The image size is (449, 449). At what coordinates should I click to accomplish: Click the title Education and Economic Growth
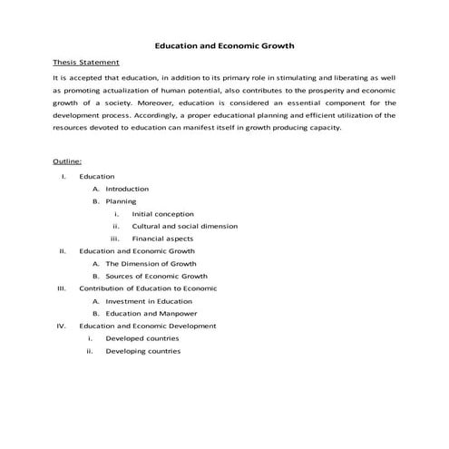(224, 44)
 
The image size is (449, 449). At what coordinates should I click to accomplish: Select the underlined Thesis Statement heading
(86, 63)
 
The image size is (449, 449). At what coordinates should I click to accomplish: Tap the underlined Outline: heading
(69, 161)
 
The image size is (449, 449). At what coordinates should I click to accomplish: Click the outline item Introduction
(127, 189)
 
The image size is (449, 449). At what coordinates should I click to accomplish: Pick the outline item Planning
(121, 201)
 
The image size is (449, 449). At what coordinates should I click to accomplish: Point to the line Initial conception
(162, 214)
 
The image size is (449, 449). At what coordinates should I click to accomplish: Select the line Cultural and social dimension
(185, 226)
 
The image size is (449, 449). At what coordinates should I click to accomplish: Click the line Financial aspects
(161, 239)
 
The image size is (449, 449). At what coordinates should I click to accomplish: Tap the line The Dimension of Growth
(151, 263)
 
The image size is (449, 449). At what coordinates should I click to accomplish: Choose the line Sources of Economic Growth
(156, 276)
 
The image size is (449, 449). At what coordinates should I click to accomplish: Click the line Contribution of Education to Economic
(149, 288)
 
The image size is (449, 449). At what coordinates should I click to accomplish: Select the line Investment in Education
(149, 301)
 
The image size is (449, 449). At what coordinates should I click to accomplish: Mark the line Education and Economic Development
(148, 326)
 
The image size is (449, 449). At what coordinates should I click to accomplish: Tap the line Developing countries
(142, 351)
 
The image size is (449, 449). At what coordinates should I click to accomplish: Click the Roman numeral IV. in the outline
(61, 326)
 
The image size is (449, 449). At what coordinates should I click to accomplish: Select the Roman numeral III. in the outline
(61, 288)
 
